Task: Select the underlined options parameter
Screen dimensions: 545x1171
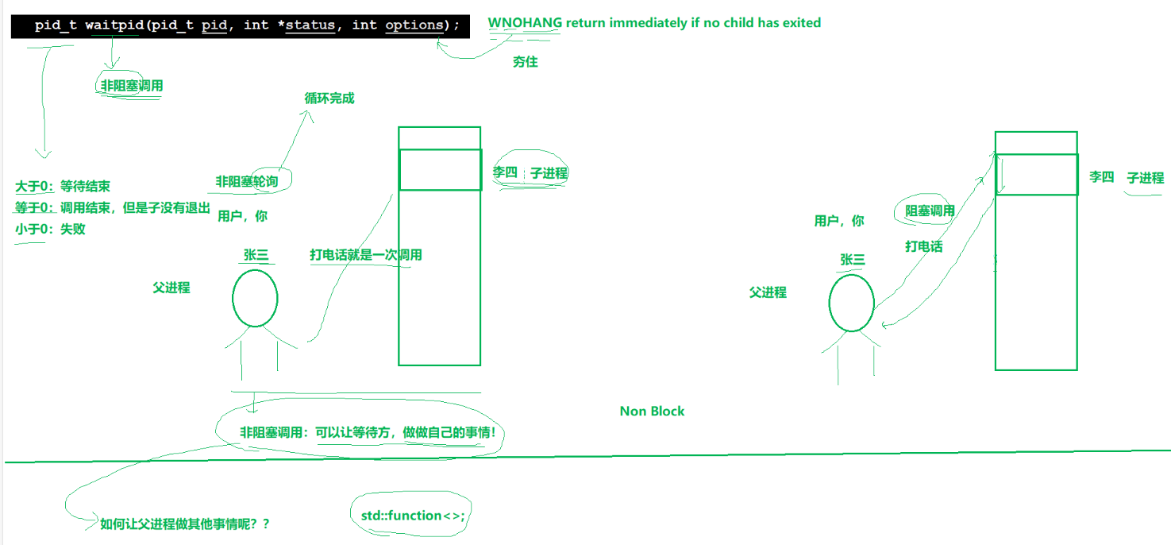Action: tap(414, 25)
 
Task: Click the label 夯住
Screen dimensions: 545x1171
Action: tap(525, 62)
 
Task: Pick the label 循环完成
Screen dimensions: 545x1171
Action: tap(329, 99)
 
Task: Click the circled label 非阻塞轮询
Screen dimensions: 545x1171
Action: tap(247, 181)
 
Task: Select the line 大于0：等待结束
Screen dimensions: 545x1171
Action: tap(63, 187)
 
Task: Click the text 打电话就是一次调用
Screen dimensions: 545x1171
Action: tap(366, 255)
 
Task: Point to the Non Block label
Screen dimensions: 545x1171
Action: tap(652, 411)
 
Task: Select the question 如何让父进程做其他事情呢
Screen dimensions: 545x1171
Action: tap(185, 524)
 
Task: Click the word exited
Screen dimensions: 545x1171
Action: tap(801, 23)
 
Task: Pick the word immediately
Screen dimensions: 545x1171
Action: tap(645, 23)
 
